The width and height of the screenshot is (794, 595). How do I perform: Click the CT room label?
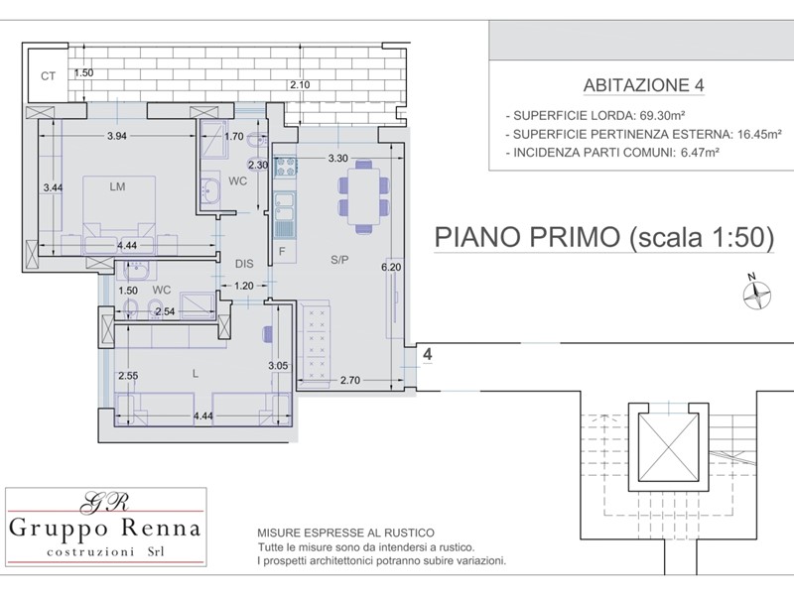tap(48, 76)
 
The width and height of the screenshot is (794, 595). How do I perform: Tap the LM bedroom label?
tap(117, 186)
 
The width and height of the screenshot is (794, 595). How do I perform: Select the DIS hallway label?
tap(244, 264)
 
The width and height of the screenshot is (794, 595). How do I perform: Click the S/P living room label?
tap(339, 260)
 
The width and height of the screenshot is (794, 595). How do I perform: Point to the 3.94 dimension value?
tap(117, 136)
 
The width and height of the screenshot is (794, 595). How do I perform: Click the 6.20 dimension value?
tap(391, 267)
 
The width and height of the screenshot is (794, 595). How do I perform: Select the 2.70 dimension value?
tap(350, 380)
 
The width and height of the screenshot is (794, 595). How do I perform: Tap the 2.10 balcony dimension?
tap(300, 85)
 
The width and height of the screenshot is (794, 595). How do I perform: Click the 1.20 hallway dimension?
tap(243, 286)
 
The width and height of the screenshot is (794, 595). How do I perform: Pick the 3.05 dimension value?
tap(278, 365)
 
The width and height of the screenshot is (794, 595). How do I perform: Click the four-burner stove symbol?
tap(285, 167)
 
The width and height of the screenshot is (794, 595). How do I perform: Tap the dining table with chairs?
tap(363, 196)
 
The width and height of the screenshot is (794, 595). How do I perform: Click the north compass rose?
tap(756, 294)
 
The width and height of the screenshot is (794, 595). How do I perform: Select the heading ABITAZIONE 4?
tap(643, 85)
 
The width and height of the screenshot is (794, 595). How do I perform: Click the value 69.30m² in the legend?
tap(662, 115)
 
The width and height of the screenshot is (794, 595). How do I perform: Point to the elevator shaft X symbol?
tap(668, 447)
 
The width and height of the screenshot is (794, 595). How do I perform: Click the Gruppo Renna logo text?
tap(105, 529)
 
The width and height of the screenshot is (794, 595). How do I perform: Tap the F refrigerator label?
tap(282, 252)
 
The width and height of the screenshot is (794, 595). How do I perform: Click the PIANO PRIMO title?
tap(527, 237)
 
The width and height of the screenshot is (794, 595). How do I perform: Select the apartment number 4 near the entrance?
tap(428, 354)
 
